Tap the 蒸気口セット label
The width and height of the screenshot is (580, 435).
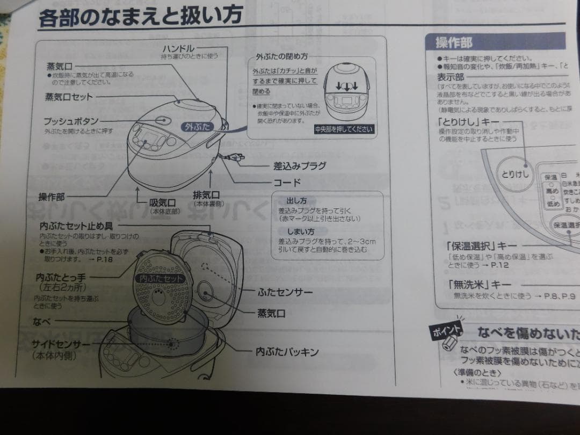coord(69,97)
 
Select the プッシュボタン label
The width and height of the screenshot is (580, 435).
coord(71,122)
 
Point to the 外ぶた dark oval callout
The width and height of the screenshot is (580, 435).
coord(197,127)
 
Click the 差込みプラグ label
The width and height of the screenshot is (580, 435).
coord(300,166)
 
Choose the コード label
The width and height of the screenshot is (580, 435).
coord(287,183)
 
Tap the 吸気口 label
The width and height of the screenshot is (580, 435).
coord(162,202)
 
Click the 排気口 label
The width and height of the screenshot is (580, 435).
coord(207,195)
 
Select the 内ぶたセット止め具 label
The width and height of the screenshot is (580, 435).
coord(79,226)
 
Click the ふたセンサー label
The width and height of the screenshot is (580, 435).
coord(285,293)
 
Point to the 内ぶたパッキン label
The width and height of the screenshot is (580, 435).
coord(287,352)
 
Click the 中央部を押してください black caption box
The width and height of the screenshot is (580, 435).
coord(343,129)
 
